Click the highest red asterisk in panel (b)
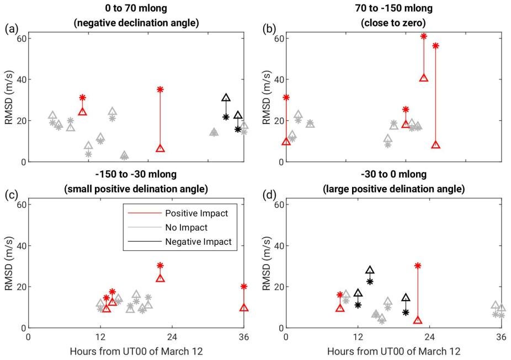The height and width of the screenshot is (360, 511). (x=424, y=36)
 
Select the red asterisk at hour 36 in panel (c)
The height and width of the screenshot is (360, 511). (x=244, y=287)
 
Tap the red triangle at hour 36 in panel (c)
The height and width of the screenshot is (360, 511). (x=244, y=308)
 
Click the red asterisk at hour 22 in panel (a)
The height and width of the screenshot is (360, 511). (x=160, y=89)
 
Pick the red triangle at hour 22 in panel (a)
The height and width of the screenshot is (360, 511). (x=160, y=148)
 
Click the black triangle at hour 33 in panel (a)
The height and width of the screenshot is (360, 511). (x=226, y=98)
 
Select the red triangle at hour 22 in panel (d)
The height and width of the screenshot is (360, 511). (x=418, y=320)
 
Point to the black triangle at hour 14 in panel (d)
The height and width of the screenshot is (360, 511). (x=370, y=270)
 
